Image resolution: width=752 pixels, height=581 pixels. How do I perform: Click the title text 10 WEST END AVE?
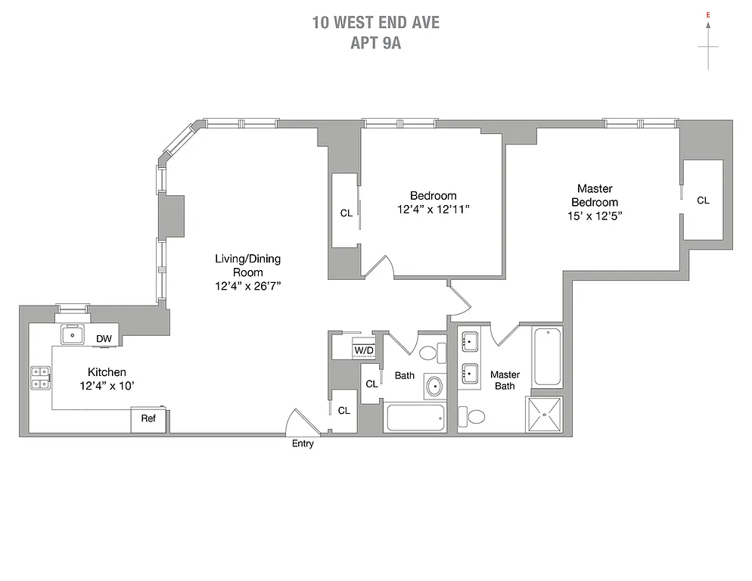(x=375, y=23)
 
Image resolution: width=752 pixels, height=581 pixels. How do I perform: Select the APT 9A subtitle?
(x=375, y=43)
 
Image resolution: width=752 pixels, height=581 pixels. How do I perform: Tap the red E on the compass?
(x=708, y=15)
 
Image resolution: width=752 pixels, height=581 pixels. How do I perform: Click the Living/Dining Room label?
(x=247, y=266)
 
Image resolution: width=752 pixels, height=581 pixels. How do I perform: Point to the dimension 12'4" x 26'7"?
(x=247, y=287)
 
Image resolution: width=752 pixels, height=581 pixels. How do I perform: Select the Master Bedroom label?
(x=595, y=195)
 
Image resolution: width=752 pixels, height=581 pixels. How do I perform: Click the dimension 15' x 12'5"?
(x=595, y=216)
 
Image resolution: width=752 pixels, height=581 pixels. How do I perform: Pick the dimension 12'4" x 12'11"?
(x=433, y=210)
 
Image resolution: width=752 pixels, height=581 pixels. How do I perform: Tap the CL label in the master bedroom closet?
(x=703, y=200)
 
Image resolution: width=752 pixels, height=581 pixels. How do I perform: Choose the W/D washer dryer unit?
(x=364, y=350)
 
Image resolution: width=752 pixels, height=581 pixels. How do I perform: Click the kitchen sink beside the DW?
(x=74, y=334)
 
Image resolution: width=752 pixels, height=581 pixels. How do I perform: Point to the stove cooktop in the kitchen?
(x=40, y=377)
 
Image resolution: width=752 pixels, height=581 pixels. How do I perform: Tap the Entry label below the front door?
(x=303, y=444)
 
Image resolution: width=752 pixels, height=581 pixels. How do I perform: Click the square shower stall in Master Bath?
(x=545, y=414)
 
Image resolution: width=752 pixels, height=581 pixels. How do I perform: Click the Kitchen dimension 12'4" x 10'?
(x=107, y=386)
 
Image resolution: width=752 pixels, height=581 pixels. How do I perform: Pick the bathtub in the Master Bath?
(x=546, y=357)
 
